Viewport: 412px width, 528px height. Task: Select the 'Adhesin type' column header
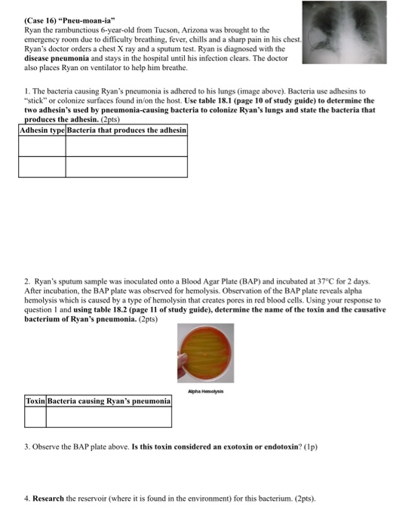click(42, 130)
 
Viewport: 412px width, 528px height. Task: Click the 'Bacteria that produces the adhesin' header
click(127, 130)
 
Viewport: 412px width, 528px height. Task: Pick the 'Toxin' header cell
click(35, 401)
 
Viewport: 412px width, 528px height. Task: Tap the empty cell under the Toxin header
click(35, 416)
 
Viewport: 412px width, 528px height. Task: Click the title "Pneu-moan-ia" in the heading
click(78, 8)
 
